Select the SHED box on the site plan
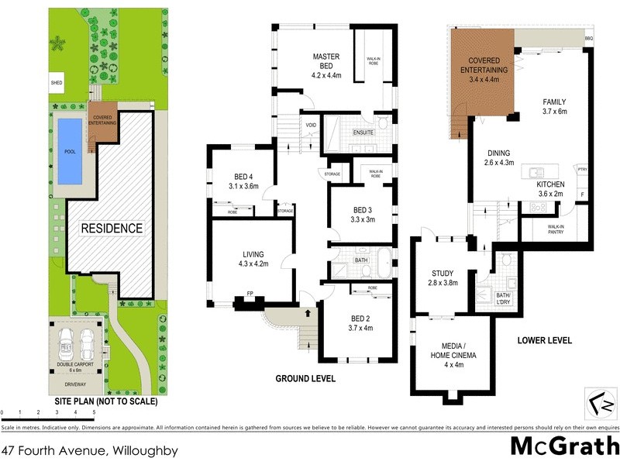click(x=57, y=83)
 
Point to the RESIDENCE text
click(x=113, y=228)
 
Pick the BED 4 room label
click(x=243, y=181)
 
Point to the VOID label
click(x=311, y=126)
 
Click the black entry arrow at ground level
click(x=308, y=314)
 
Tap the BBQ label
click(x=588, y=37)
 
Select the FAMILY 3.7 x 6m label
click(x=554, y=106)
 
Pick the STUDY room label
click(x=446, y=278)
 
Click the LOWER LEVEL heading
click(x=545, y=340)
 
